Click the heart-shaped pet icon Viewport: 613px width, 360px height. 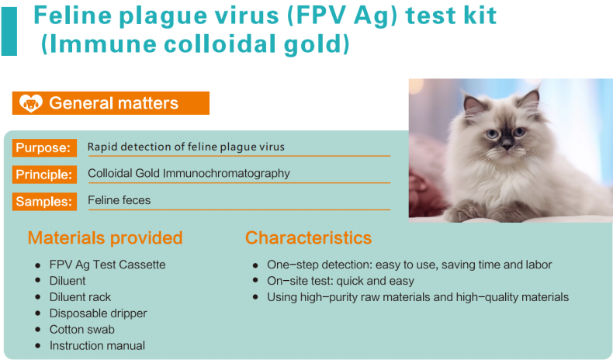tap(31, 103)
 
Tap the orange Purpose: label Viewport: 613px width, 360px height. tap(44, 147)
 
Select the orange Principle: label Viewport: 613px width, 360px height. tap(44, 175)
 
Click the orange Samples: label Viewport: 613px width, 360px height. tap(44, 201)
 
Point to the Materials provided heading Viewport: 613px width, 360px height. tap(106, 237)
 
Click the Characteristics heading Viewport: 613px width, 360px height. tap(309, 237)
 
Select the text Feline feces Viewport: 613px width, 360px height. tap(119, 200)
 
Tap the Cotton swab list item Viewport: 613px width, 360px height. tap(82, 330)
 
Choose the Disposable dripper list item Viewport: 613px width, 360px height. tap(98, 313)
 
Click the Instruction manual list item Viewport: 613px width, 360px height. tap(97, 345)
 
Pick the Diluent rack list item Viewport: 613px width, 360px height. tap(80, 297)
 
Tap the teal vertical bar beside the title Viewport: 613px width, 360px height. tap(9, 31)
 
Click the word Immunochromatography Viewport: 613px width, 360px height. tap(227, 174)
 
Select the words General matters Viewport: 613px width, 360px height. tap(114, 103)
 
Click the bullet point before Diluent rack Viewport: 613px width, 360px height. tap(37, 297)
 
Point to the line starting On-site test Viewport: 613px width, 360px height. tap(341, 281)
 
